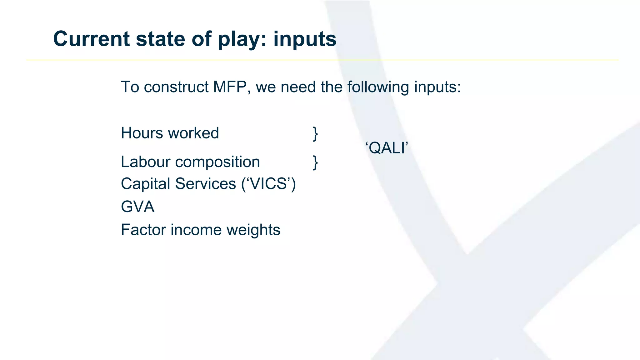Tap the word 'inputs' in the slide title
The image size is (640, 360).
pos(305,39)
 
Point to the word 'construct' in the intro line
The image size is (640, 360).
pos(176,87)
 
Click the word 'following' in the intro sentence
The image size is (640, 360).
pos(378,87)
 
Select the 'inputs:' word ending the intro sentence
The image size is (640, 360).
pos(437,87)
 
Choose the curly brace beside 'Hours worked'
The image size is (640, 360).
pos(315,134)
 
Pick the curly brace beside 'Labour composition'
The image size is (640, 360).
pos(315,162)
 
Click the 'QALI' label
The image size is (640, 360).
pos(387,148)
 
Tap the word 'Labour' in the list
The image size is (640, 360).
pos(145,162)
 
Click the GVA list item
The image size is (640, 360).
pos(137,207)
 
